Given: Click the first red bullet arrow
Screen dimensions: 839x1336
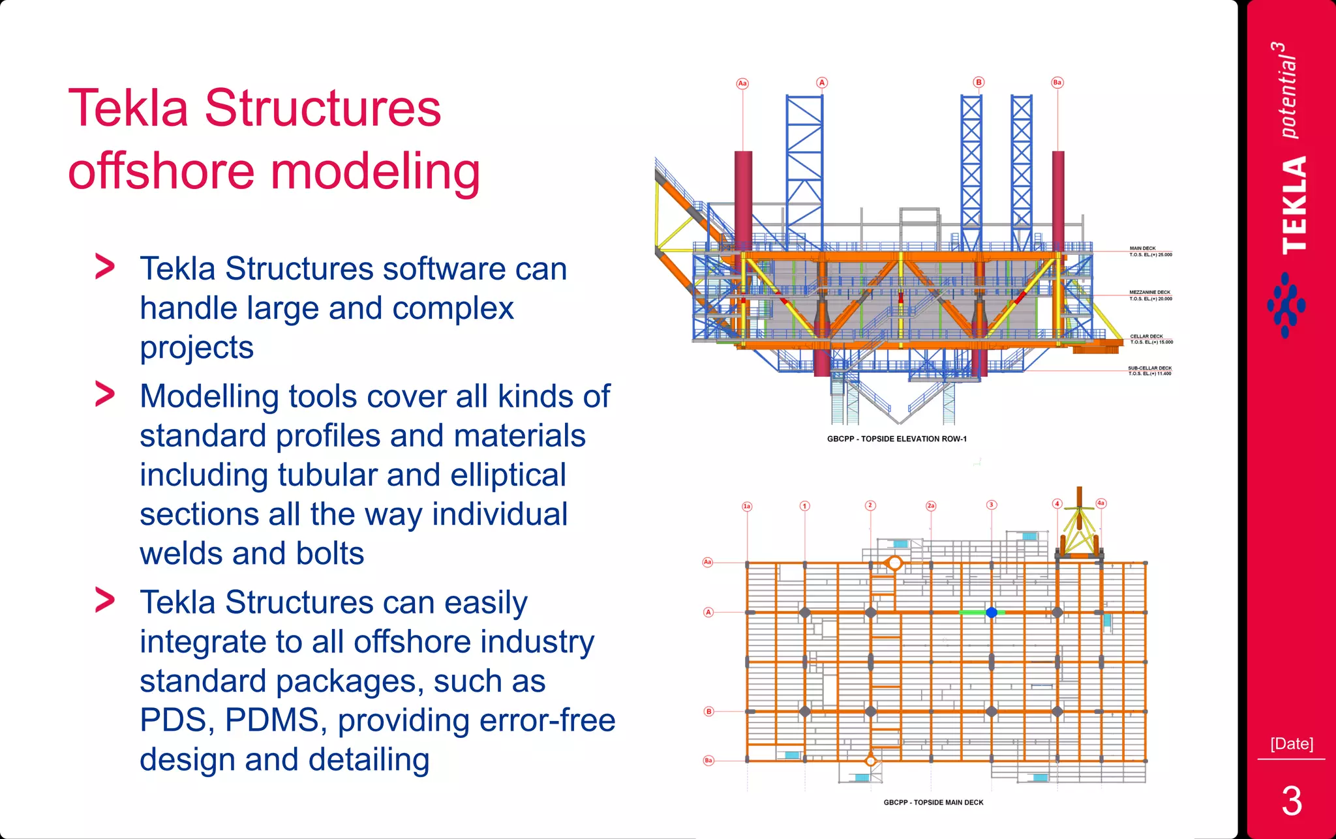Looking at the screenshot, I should point(105,267).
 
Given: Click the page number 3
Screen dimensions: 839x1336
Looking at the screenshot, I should point(1291,801).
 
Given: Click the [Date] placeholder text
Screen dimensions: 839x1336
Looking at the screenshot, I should point(1291,744).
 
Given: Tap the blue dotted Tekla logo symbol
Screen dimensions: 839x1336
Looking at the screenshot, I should point(1286,305).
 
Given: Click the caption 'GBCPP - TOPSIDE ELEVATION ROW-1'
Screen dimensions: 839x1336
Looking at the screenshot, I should point(896,439).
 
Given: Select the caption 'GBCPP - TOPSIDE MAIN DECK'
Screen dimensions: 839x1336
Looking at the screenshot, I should point(933,802).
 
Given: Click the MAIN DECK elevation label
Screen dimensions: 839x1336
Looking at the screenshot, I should point(1150,252).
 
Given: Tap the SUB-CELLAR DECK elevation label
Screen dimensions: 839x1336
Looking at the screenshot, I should point(1149,371).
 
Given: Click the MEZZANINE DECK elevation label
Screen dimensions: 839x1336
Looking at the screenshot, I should point(1150,295).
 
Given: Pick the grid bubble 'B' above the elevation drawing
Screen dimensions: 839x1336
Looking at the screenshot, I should point(979,82).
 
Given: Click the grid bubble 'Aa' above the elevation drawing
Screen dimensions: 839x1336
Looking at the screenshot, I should point(742,83).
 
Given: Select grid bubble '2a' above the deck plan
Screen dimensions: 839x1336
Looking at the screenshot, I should point(931,506).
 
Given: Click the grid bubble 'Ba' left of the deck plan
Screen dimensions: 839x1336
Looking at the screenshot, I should point(708,760).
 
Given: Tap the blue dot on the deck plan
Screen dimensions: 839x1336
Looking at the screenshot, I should point(992,612).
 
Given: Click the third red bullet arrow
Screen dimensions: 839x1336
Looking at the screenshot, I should point(105,600).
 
